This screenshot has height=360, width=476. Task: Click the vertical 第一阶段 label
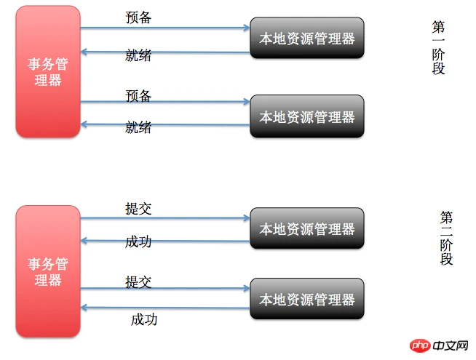pyautogui.click(x=438, y=47)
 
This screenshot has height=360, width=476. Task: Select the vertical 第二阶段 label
pyautogui.click(x=446, y=239)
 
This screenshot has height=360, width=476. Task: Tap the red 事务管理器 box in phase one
pyautogui.click(x=48, y=71)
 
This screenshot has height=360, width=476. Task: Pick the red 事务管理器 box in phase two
pyautogui.click(x=48, y=271)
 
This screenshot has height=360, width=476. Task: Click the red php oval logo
pyautogui.click(x=420, y=345)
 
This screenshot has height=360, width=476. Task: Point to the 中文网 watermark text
pyautogui.click(x=451, y=345)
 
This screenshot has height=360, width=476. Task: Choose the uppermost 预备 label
pyautogui.click(x=138, y=17)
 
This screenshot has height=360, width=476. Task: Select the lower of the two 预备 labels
pyautogui.click(x=138, y=96)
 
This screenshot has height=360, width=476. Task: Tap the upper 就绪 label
pyautogui.click(x=138, y=55)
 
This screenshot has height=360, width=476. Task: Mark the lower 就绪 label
pyautogui.click(x=138, y=127)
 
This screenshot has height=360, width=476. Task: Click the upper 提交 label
pyautogui.click(x=138, y=209)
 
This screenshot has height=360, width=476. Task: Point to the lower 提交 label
pyautogui.click(x=138, y=282)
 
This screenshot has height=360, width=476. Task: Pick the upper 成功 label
pyautogui.click(x=138, y=242)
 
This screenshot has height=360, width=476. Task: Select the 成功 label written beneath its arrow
pyautogui.click(x=144, y=320)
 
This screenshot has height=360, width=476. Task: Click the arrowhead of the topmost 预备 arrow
pyautogui.click(x=247, y=28)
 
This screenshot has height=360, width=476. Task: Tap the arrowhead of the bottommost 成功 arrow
pyautogui.click(x=84, y=308)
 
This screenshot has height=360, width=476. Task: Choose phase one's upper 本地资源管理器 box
pyautogui.click(x=307, y=38)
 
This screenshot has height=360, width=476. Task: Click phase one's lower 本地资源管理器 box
pyautogui.click(x=307, y=116)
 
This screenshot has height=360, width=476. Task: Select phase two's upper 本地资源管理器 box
pyautogui.click(x=307, y=228)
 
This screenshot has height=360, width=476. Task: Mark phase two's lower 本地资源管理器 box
pyautogui.click(x=307, y=299)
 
